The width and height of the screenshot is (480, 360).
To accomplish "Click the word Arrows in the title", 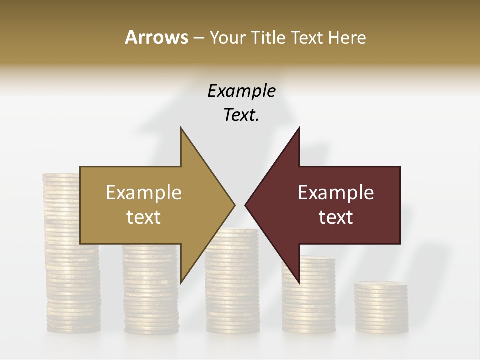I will click(x=156, y=37).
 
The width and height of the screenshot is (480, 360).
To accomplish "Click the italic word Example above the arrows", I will click(x=241, y=91).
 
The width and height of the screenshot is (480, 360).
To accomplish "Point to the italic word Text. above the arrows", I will click(x=241, y=115).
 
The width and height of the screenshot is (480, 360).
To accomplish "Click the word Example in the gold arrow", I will click(x=143, y=193).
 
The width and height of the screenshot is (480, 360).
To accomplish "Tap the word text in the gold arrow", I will click(x=143, y=217).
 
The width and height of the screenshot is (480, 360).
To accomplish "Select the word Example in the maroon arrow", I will click(x=336, y=193).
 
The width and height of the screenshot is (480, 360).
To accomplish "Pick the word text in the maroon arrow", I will click(x=336, y=217).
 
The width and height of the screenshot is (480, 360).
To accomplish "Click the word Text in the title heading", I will click(x=306, y=37).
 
